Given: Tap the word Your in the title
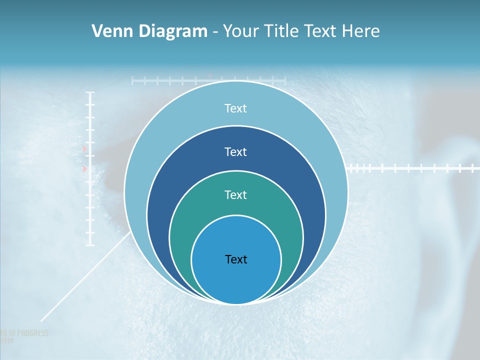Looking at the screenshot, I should pyautogui.click(x=239, y=31).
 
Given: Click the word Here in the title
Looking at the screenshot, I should pyautogui.click(x=360, y=31).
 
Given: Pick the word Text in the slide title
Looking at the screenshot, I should pyautogui.click(x=321, y=31).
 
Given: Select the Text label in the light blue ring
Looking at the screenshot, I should pyautogui.click(x=235, y=108).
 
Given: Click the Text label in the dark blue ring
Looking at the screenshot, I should pyautogui.click(x=235, y=151).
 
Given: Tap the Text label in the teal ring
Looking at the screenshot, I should pyautogui.click(x=235, y=194).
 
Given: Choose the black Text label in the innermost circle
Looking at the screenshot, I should pyautogui.click(x=236, y=259).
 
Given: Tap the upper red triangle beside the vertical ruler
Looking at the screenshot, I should pyautogui.click(x=84, y=149).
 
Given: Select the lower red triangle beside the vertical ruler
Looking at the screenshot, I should pyautogui.click(x=84, y=169).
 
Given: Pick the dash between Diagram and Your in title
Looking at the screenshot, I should pyautogui.click(x=214, y=32).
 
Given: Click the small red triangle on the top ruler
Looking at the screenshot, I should pyautogui.click(x=210, y=76).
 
